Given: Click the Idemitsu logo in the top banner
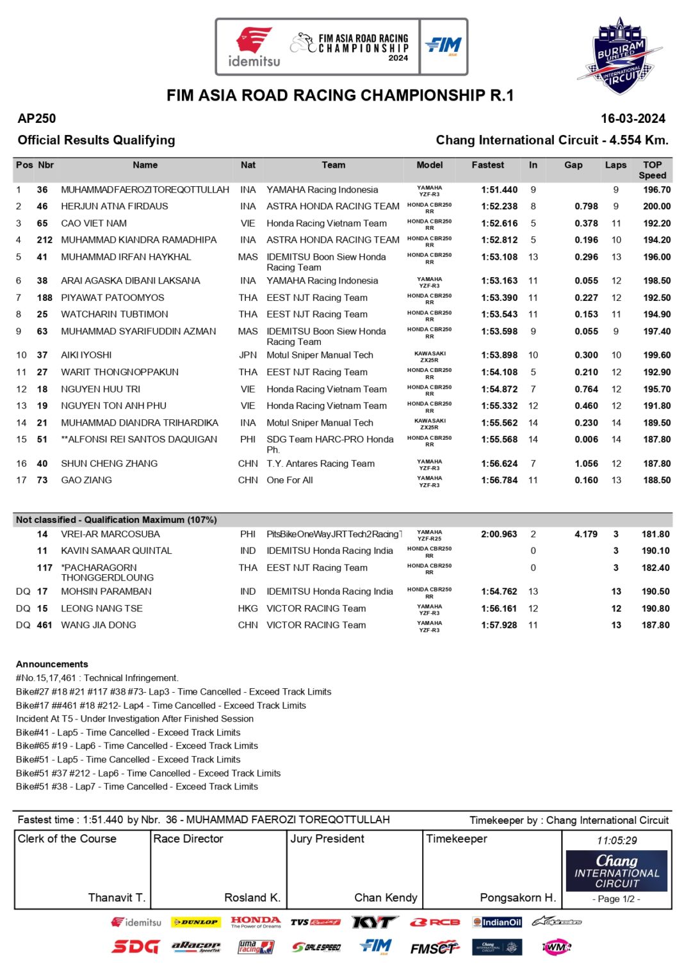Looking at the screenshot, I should (254, 47).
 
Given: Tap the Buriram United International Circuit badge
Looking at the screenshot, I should (619, 56).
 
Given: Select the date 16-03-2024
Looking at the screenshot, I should (633, 118).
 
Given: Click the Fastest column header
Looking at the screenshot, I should (487, 165).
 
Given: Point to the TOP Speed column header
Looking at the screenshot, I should (652, 170).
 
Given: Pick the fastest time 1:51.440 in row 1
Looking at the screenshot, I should (499, 190).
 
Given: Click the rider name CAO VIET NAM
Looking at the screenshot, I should (94, 223).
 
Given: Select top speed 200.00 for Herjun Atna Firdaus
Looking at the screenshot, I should (656, 207).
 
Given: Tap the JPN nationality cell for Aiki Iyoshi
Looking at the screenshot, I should (248, 355).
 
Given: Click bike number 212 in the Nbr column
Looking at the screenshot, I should (44, 240).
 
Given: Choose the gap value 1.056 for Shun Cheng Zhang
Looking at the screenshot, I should (586, 463).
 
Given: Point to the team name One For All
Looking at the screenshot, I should (289, 480).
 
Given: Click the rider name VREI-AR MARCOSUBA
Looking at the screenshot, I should (110, 534).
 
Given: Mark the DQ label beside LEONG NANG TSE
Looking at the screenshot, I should (23, 608).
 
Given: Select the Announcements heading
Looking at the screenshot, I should (52, 664).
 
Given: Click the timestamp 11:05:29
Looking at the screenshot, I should (617, 841).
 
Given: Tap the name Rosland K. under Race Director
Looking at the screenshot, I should (252, 898).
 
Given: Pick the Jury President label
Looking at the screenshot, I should (327, 839).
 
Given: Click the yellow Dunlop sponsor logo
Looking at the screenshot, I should (195, 922).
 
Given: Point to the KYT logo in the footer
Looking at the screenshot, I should (374, 922).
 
